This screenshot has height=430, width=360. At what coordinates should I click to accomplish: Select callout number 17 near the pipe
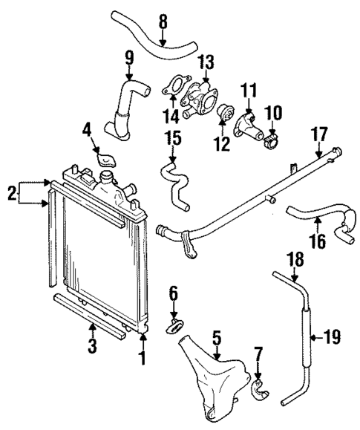[319, 136]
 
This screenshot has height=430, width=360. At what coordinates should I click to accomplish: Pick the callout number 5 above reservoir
[215, 338]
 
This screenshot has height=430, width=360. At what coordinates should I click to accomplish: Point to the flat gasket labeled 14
[174, 85]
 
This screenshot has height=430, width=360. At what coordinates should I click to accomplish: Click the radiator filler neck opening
[108, 178]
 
